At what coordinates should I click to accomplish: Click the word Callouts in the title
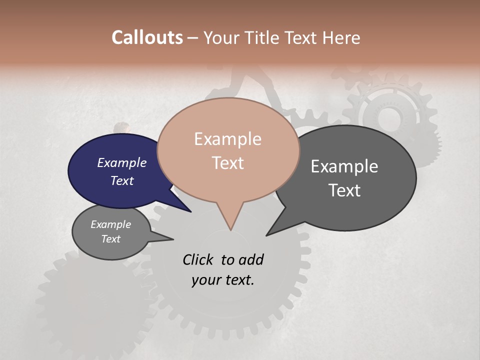point(147,37)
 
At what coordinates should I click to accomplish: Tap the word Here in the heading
point(341,37)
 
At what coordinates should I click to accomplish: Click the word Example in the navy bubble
point(121,163)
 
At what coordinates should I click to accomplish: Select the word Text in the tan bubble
point(228,163)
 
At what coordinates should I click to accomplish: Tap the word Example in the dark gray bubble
point(344,166)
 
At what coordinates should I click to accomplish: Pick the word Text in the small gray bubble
point(110,239)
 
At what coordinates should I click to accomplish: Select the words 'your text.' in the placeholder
point(223,280)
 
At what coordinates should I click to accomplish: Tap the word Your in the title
point(222,37)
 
